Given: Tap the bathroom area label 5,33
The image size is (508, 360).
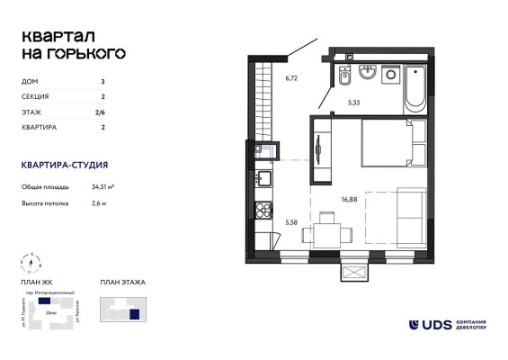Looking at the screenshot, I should click(355, 103).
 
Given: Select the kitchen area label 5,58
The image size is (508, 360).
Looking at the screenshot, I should click(291, 220).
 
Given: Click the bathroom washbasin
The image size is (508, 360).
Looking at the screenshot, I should click(366, 72).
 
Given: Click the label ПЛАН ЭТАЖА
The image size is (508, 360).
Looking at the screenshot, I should click(122, 283).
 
